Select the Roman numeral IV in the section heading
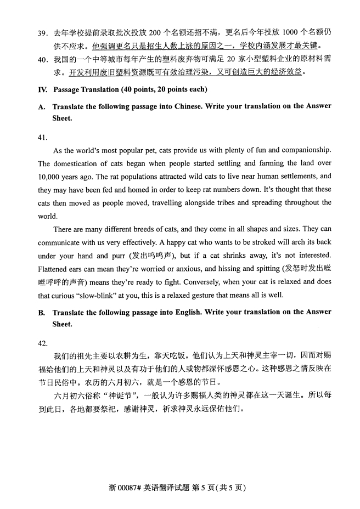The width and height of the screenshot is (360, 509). (x=42, y=89)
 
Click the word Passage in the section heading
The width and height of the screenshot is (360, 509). (x=67, y=89)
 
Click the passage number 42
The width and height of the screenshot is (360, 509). (x=43, y=343)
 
